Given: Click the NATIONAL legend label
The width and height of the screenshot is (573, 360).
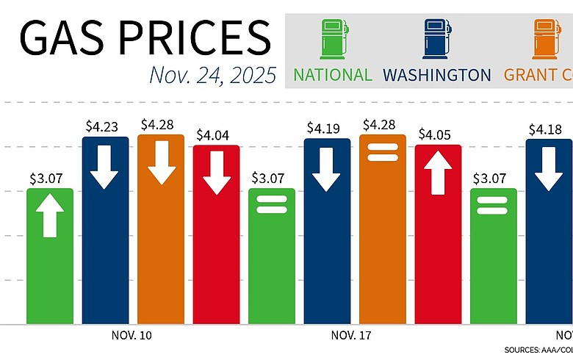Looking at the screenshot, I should click(x=333, y=75).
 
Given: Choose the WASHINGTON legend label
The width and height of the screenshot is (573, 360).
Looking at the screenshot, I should click(x=437, y=75).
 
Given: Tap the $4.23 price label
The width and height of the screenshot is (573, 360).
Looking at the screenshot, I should click(x=105, y=126).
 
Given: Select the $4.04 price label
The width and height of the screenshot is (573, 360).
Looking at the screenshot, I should click(x=216, y=134).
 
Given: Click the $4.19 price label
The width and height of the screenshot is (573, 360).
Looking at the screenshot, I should click(x=327, y=128).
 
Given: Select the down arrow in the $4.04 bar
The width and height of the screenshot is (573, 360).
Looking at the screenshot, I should click(x=216, y=173).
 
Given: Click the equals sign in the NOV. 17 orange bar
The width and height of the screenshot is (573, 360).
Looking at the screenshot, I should click(x=382, y=151).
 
